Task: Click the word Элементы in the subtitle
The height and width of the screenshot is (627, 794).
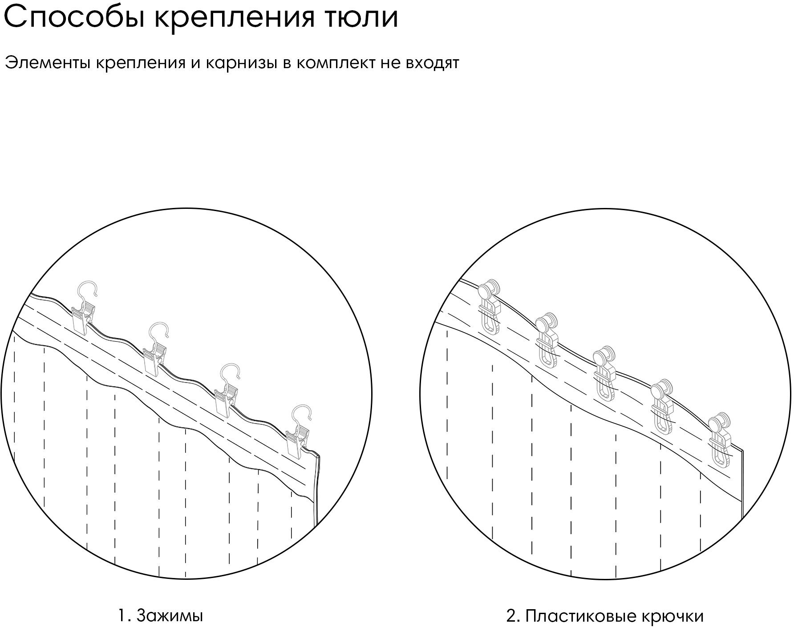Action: click(x=46, y=63)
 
